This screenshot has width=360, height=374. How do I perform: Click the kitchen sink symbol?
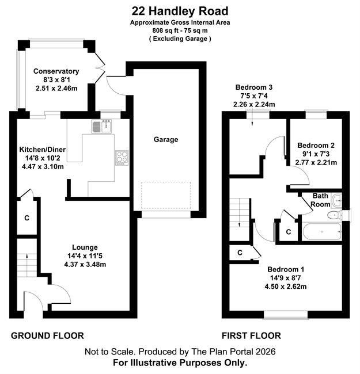[x=101, y=126]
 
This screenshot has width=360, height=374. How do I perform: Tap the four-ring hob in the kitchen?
[x=122, y=158]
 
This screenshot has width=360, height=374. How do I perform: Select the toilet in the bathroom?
[x=334, y=215]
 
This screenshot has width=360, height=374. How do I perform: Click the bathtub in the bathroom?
[x=322, y=232]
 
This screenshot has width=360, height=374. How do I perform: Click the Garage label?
[x=166, y=139]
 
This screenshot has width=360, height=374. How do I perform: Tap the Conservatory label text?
[x=56, y=71]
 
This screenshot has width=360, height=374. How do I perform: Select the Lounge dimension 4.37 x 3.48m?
[x=85, y=264]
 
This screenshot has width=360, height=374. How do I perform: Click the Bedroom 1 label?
[x=286, y=269]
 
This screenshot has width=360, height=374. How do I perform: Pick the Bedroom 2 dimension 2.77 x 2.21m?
[x=316, y=162]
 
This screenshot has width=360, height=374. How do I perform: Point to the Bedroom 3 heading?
[x=254, y=87]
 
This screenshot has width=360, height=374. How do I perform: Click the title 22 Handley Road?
[x=180, y=11]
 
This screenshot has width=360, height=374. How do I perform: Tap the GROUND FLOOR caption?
[x=47, y=335]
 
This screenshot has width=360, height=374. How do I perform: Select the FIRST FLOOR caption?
[x=251, y=335]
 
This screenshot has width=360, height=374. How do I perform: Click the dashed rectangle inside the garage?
[x=166, y=196]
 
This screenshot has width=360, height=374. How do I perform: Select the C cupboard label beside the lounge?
[x=26, y=217]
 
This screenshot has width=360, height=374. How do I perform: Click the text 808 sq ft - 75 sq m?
[x=180, y=30]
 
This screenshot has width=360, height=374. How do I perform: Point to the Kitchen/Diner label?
[x=43, y=150]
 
